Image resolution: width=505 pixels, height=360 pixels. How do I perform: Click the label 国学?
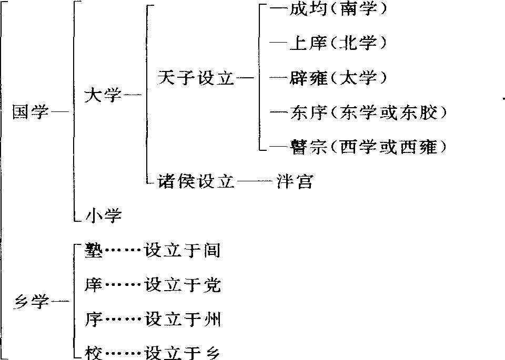(31, 112)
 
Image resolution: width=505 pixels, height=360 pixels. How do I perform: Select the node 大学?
(103, 95)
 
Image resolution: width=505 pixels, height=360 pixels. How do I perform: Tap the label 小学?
(104, 215)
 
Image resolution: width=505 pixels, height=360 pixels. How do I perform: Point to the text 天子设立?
(196, 78)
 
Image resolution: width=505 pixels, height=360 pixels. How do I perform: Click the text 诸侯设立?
(196, 181)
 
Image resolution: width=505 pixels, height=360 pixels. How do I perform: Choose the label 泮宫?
(295, 181)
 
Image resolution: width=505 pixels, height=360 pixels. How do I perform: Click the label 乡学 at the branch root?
(31, 302)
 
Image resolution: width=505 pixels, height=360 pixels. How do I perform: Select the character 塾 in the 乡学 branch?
(94, 250)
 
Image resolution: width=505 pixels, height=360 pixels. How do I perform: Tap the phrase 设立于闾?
(183, 250)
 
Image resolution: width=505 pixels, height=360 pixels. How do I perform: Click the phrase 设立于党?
(183, 285)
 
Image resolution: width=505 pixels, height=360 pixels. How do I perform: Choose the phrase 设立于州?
(183, 320)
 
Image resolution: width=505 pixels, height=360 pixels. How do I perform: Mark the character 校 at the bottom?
(94, 353)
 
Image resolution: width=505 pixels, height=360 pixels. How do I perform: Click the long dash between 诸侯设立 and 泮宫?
(255, 182)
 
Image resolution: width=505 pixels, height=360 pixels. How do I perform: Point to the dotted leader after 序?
(123, 320)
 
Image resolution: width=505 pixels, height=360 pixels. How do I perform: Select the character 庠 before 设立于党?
(94, 285)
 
